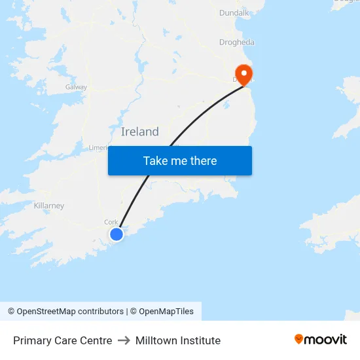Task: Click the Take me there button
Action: tap(180, 161)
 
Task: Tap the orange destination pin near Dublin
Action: tap(243, 74)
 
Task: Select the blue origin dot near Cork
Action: tap(116, 234)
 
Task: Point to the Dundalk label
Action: tap(234, 12)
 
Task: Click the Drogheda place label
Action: tap(237, 43)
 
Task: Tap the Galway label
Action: tap(76, 87)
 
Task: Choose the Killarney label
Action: tap(49, 206)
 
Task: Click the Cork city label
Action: tap(111, 222)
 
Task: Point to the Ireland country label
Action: tap(139, 132)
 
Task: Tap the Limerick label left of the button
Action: tap(98, 148)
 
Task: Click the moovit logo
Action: tap(321, 339)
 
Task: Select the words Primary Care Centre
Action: tap(63, 340)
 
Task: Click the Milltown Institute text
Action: tap(178, 340)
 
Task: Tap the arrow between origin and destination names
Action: tap(124, 340)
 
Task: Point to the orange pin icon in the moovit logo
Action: tap(299, 339)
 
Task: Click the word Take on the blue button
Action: tap(156, 161)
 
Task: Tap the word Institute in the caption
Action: tap(199, 340)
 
